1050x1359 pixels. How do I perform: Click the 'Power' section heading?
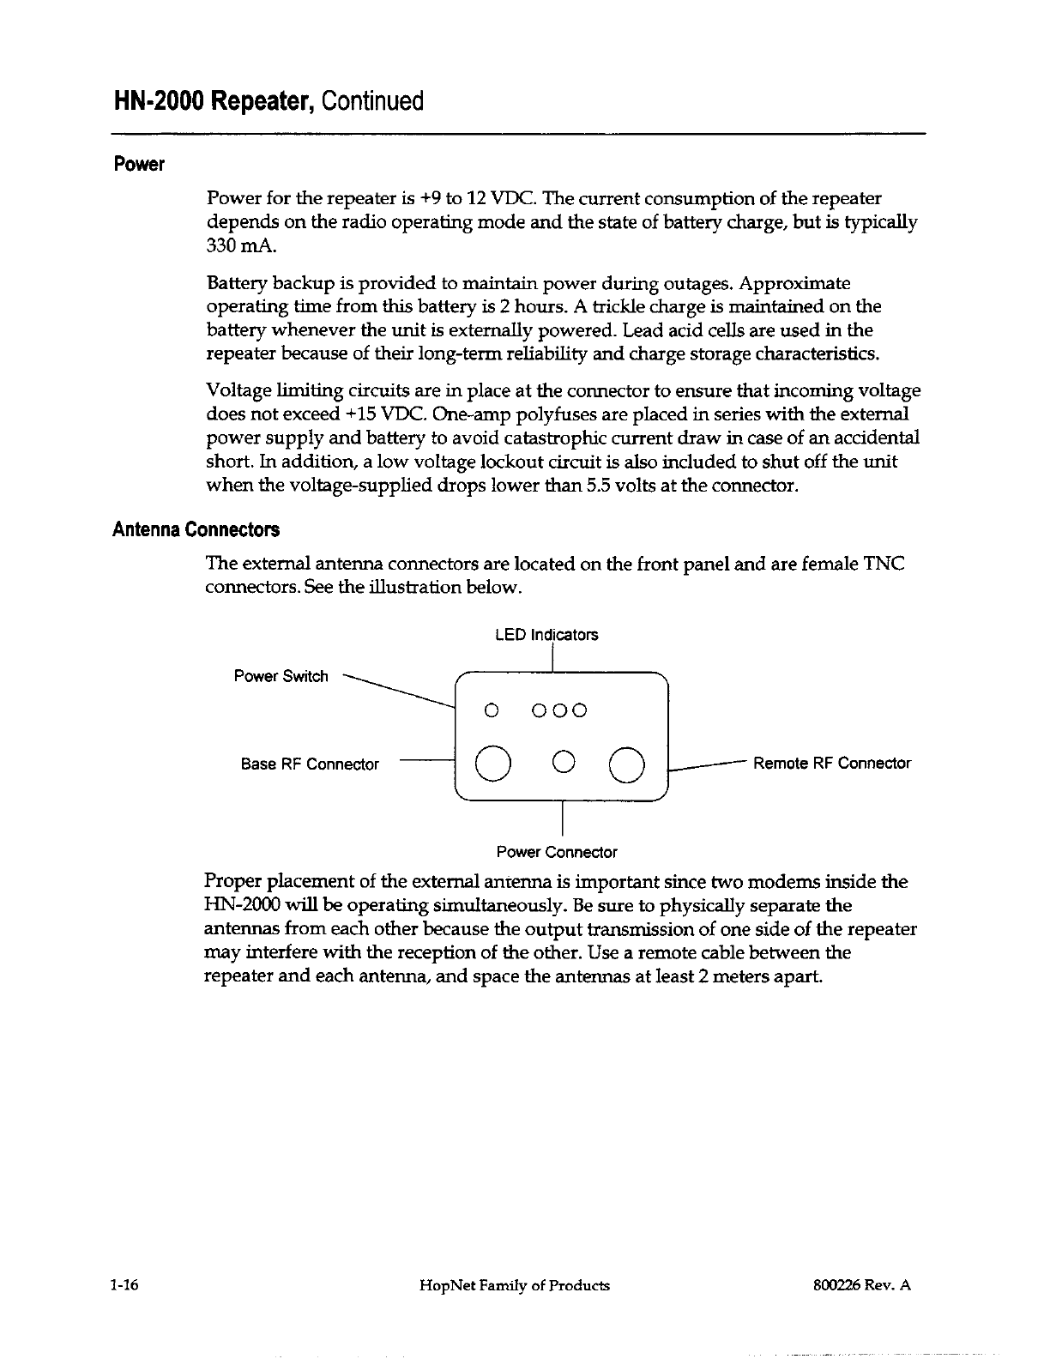(x=138, y=164)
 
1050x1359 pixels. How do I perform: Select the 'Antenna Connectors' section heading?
(x=196, y=529)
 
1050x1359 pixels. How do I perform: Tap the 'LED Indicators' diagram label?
(x=546, y=635)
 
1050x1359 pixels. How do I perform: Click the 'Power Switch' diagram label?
(x=281, y=676)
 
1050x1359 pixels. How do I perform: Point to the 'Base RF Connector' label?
(x=310, y=764)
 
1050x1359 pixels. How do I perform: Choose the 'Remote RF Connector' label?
(x=831, y=763)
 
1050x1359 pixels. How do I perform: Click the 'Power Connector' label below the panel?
(x=557, y=852)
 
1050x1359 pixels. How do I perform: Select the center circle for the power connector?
(x=563, y=761)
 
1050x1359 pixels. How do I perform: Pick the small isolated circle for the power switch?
(x=491, y=710)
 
